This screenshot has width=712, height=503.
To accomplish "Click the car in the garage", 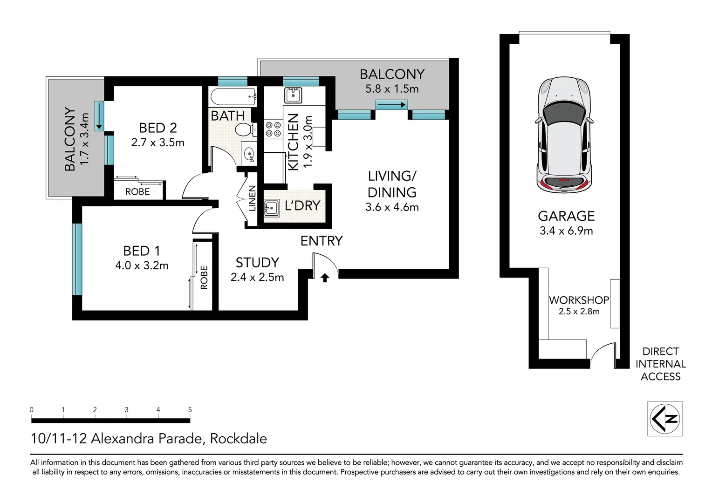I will [564, 135].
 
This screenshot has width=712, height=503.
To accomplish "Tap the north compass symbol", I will [665, 418].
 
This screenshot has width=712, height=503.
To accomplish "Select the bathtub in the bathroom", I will [233, 97].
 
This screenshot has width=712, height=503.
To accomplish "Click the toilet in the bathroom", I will [244, 129].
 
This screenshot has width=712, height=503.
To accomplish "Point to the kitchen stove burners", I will [273, 129].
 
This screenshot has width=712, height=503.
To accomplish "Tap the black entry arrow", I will [325, 278].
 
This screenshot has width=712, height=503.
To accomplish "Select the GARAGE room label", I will [566, 216].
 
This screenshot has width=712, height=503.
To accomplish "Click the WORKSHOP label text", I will [579, 300].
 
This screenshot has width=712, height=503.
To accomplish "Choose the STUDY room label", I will [257, 263].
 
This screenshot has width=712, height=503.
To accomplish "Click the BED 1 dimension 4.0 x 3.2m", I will [142, 266].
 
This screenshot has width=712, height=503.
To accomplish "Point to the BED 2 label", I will [158, 128].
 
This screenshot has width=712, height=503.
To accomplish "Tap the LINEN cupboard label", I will [252, 198].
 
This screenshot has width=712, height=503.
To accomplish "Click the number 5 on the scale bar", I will [190, 410].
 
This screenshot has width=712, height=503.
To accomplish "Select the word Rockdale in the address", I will [239, 439].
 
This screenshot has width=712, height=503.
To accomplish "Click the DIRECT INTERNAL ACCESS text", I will [660, 364].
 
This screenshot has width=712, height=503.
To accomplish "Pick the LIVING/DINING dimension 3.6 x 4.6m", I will [392, 208].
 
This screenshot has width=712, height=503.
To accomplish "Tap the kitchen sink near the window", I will [293, 95].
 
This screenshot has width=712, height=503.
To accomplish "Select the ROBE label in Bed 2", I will [137, 192].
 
